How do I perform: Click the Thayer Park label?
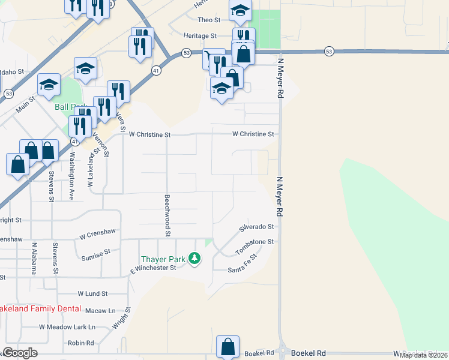click(x=164, y=259)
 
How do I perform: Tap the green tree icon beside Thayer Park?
click(x=194, y=259)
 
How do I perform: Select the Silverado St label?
click(x=256, y=227)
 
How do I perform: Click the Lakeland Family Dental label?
click(x=40, y=308)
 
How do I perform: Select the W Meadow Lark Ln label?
click(x=67, y=327)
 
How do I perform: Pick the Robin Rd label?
click(x=81, y=343)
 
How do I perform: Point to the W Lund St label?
click(x=92, y=294)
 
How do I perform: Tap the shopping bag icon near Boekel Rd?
click(x=228, y=347)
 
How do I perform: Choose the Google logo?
click(x=19, y=353)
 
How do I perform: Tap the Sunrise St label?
click(x=95, y=254)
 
